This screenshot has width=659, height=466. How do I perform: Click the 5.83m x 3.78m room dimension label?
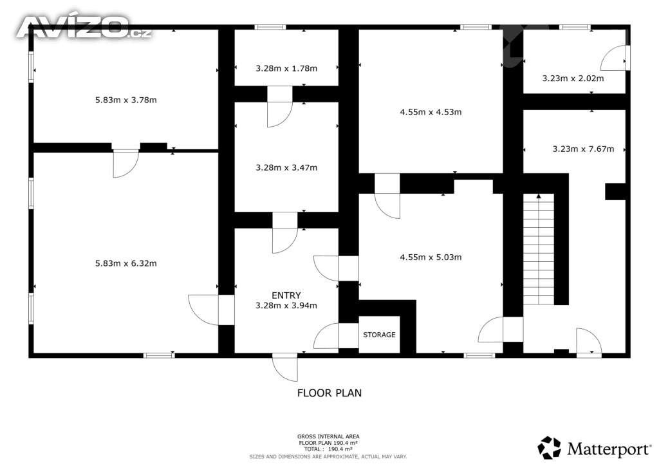(125, 100)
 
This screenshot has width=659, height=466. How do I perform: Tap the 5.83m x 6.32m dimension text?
(125, 263)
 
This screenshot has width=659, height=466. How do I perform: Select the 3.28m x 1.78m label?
(286, 68)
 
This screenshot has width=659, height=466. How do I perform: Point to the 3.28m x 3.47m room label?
(286, 167)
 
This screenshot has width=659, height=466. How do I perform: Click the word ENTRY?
(286, 295)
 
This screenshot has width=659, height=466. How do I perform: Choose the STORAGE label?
(379, 335)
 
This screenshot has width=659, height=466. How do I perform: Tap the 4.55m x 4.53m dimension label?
(431, 112)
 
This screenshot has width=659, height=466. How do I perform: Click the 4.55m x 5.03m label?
(431, 257)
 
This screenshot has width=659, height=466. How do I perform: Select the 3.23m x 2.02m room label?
(573, 78)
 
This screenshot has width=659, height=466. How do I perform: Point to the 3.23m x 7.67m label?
(583, 149)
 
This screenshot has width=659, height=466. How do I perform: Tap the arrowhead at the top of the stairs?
(539, 196)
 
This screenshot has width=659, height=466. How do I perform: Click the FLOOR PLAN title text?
(329, 393)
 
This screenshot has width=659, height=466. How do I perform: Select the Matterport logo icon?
(549, 448)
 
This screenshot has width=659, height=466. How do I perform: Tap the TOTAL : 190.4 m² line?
(328, 449)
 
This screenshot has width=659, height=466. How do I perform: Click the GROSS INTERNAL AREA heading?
(328, 436)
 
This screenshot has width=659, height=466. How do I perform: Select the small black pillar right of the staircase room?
(615, 191)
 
